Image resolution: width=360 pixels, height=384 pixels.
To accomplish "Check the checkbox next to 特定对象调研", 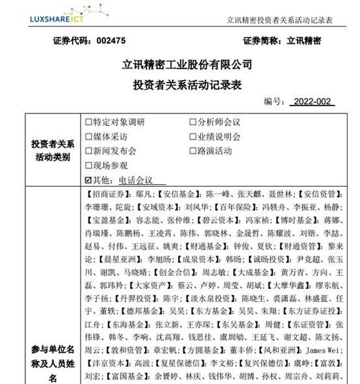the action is click(x=89, y=123).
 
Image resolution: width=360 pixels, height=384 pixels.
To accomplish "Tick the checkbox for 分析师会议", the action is click(x=193, y=123).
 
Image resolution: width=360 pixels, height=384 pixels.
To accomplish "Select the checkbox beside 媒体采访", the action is click(x=89, y=137).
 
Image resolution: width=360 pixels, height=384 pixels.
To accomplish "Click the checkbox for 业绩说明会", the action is click(x=193, y=137).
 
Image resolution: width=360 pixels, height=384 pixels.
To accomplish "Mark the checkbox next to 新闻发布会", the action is click(x=89, y=151).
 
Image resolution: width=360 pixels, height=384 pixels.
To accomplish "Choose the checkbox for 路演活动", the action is click(x=193, y=151).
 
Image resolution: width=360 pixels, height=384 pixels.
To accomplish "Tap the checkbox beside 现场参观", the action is click(x=89, y=165).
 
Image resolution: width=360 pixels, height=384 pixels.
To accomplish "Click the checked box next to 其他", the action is click(x=89, y=180).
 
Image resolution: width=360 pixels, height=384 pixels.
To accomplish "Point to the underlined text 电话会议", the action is click(x=134, y=180).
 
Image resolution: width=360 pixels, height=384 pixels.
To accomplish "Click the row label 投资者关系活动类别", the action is click(x=52, y=151).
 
